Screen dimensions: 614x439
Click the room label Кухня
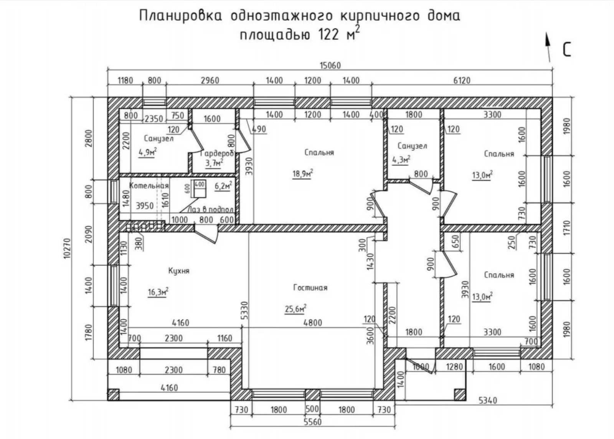coord(179,271)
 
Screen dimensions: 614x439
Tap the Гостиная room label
coord(310,288)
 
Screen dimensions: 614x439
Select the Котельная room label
coord(149,186)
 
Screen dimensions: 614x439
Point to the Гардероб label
coord(217,154)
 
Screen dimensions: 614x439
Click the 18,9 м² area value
coord(303,174)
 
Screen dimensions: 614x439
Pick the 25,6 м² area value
coord(295,309)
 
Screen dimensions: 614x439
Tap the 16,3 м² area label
coord(158,292)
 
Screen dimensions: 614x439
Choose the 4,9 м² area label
coord(148,152)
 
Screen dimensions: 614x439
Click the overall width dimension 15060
coord(330,66)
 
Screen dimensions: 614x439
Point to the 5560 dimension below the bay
coord(313,422)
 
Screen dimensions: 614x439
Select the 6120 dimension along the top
coord(462,81)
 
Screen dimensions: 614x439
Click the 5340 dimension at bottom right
coord(488,401)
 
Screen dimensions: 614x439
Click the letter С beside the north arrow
coord(567,50)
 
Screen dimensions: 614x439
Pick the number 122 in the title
coord(328,35)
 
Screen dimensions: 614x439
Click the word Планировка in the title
coord(181,16)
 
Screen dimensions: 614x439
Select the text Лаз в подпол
coord(211,210)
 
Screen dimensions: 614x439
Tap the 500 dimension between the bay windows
coord(312,409)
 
